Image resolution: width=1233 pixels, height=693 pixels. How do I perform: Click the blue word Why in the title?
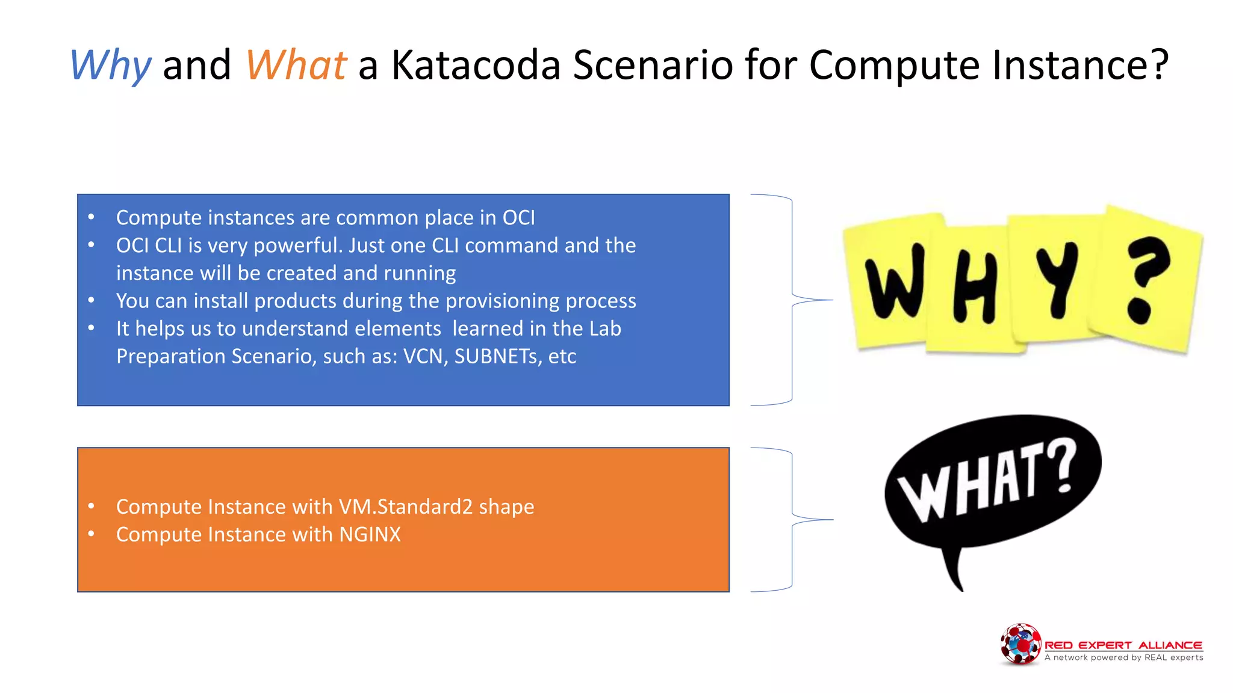pyautogui.click(x=110, y=65)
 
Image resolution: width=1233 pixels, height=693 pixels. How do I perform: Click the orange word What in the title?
pyautogui.click(x=296, y=65)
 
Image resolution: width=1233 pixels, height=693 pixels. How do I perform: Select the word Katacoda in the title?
pyautogui.click(x=476, y=65)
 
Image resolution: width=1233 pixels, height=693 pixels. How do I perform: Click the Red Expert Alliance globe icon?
pyautogui.click(x=1020, y=644)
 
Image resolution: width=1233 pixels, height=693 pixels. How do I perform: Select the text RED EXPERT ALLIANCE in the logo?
pyautogui.click(x=1123, y=645)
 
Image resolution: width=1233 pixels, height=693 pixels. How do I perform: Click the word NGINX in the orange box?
pyautogui.click(x=370, y=534)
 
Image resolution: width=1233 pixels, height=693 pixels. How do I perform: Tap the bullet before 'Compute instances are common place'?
pyautogui.click(x=91, y=217)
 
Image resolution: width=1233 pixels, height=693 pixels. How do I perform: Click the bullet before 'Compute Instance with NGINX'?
pyautogui.click(x=91, y=534)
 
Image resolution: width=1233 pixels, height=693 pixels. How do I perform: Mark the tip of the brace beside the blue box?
pyautogui.click(x=831, y=300)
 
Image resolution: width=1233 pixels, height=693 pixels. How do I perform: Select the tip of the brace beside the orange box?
pyautogui.click(x=831, y=519)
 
